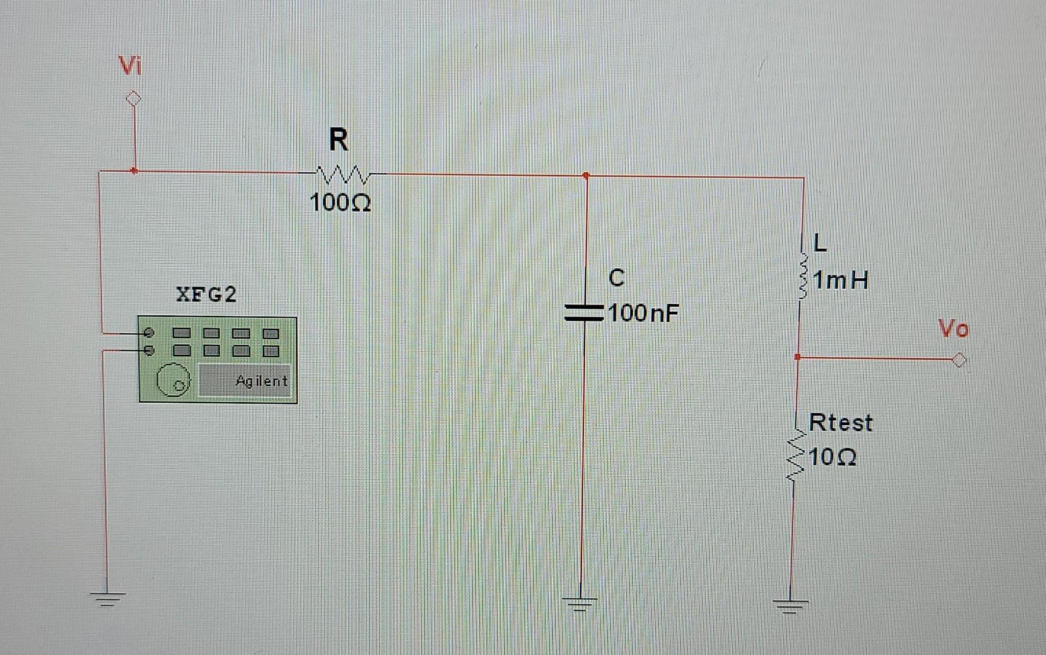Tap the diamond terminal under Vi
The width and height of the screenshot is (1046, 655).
click(133, 98)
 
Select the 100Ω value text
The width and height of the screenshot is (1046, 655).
click(340, 202)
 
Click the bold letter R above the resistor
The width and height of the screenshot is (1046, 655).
click(339, 140)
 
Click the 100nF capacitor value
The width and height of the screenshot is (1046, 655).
click(643, 314)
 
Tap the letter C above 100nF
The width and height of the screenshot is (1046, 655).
click(616, 278)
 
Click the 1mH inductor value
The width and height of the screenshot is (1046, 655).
click(840, 280)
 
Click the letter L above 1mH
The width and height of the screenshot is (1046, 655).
click(819, 243)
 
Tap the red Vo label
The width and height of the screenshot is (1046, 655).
click(953, 329)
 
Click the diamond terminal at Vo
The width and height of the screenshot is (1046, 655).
click(959, 360)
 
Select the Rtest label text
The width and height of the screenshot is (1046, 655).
click(840, 423)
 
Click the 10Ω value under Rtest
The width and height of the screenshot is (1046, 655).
click(832, 457)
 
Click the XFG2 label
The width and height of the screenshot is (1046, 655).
click(206, 295)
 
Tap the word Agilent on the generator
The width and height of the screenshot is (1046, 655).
click(261, 381)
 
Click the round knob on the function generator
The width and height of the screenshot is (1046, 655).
click(173, 380)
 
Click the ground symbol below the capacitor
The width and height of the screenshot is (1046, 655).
click(580, 603)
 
